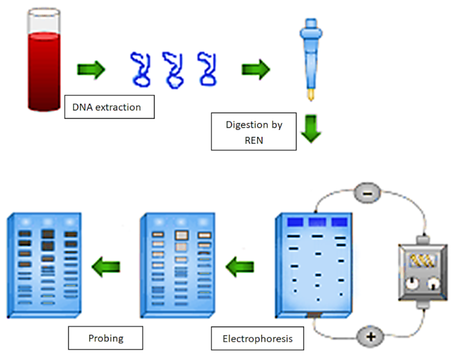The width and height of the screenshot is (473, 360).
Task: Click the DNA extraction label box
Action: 109,107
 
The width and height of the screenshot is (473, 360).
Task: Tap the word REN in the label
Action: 254,140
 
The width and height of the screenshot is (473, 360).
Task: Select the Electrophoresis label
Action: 257,338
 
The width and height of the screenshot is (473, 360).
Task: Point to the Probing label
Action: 106,338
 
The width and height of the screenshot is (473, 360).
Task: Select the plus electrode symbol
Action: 369,336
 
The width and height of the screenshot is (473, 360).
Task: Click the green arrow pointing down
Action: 310,131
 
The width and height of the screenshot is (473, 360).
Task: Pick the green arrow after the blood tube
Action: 91,69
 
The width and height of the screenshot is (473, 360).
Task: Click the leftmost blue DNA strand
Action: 141,69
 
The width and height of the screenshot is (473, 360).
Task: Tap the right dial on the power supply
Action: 433,284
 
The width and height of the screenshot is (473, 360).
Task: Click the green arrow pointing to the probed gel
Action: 106,266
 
